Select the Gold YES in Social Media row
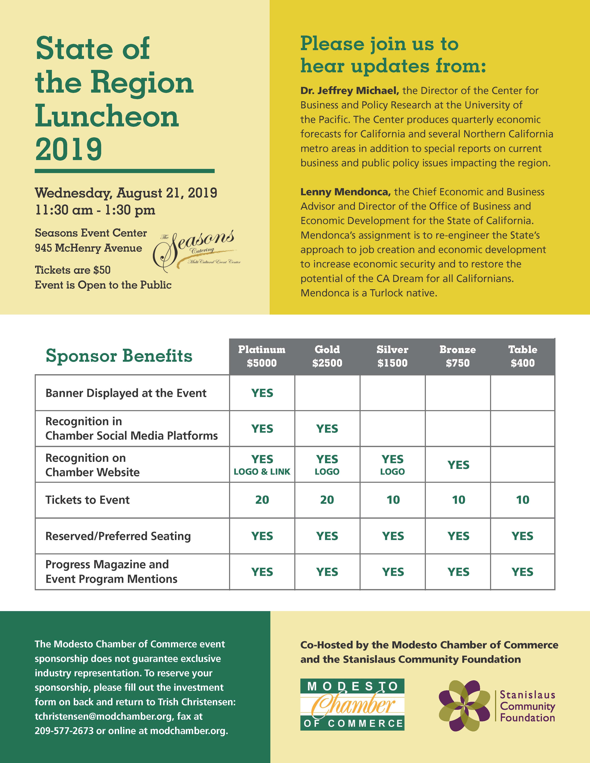point(327,429)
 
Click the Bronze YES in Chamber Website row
point(458,465)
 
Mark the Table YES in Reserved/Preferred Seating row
point(522,536)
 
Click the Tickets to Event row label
point(87,500)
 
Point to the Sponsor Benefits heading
point(119,356)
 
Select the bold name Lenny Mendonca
point(345,192)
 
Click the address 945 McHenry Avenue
point(88,248)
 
